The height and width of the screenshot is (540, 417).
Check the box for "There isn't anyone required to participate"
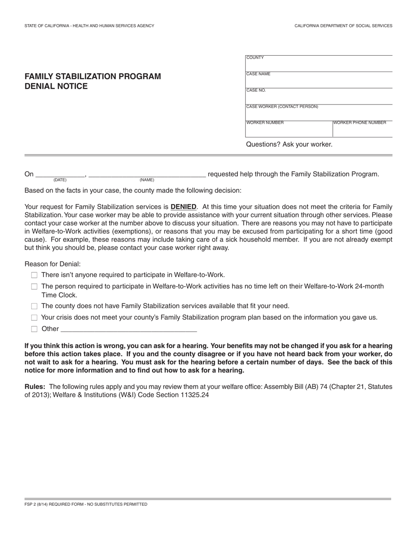(34, 275)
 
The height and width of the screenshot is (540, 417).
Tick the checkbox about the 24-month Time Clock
(34, 287)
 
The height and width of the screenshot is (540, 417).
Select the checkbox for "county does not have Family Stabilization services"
(34, 306)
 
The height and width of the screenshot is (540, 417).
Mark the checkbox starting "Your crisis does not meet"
(34, 317)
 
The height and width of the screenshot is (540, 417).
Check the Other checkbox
(34, 329)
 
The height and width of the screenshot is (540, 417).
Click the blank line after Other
(129, 329)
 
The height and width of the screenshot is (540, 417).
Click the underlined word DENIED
(183, 207)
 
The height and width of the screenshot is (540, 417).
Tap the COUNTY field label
(255, 58)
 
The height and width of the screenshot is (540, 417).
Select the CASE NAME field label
(259, 74)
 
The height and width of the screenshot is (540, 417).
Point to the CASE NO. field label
(256, 90)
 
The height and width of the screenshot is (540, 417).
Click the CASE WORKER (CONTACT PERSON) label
(282, 107)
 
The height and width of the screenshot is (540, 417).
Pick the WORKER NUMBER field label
(265, 123)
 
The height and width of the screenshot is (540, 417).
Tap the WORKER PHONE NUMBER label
(360, 123)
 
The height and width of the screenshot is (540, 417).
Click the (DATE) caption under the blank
(60, 180)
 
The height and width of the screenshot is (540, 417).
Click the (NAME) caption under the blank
(147, 180)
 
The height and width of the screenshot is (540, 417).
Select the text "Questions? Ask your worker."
(289, 144)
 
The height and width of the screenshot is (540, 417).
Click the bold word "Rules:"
(35, 387)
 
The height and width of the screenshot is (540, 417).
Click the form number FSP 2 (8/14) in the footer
(36, 504)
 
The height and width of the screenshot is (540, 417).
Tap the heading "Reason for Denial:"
(53, 264)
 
